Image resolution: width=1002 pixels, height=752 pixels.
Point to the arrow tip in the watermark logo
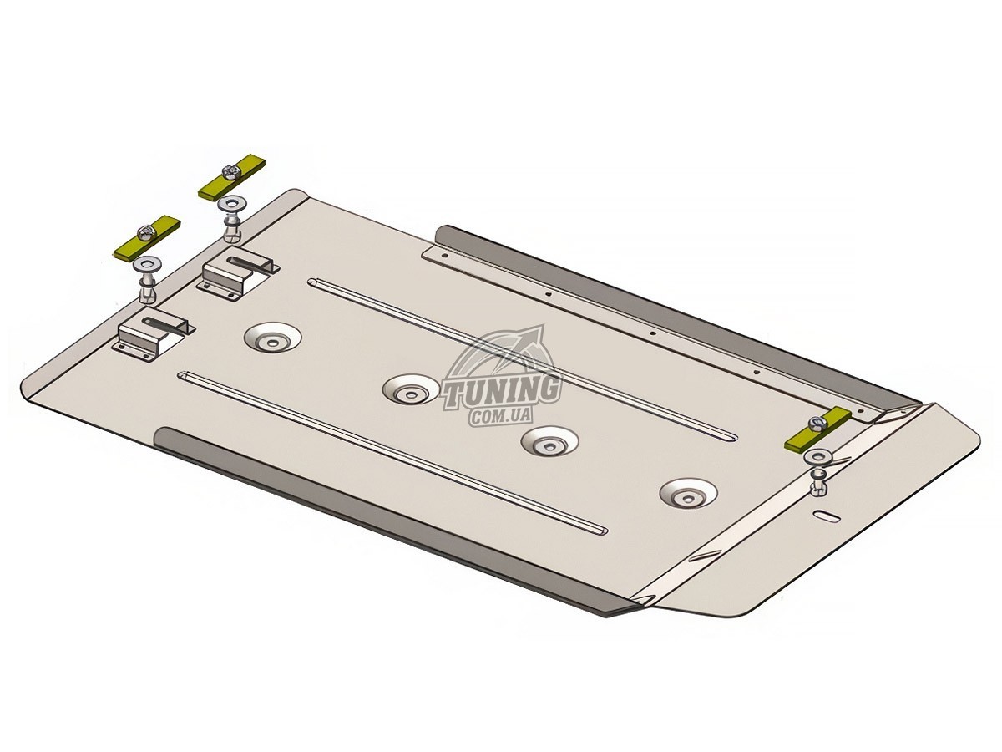[x=542, y=326]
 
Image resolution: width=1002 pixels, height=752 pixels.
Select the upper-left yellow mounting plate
[x=232, y=180]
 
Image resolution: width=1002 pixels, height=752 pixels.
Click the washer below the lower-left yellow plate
[x=145, y=265]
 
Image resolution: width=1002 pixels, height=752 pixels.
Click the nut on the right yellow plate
[x=815, y=422]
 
